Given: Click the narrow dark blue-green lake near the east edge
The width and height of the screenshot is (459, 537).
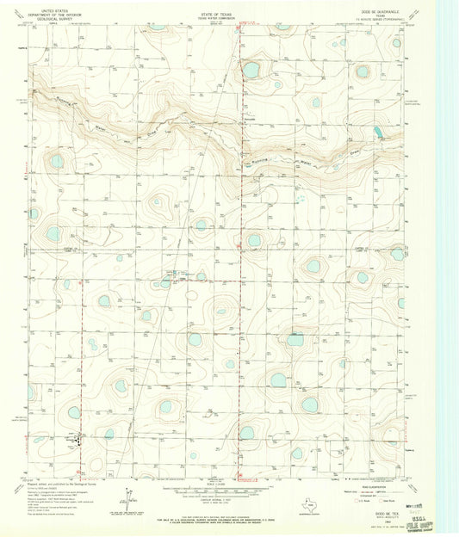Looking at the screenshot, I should [x=379, y=133].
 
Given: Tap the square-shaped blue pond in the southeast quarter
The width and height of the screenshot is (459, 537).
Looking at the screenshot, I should [x=295, y=340].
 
